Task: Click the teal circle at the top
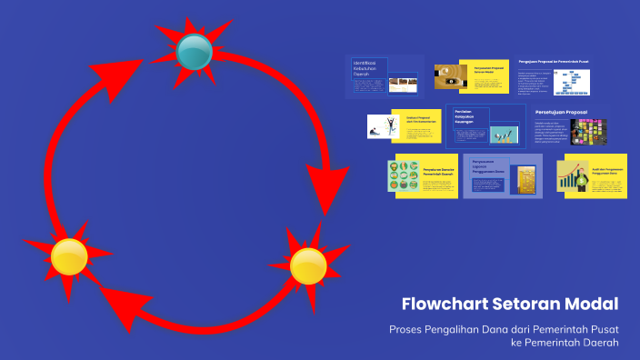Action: (x=193, y=52)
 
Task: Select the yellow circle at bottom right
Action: (x=308, y=264)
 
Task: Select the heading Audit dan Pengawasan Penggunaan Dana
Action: (x=605, y=169)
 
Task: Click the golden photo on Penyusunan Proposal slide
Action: (x=450, y=78)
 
